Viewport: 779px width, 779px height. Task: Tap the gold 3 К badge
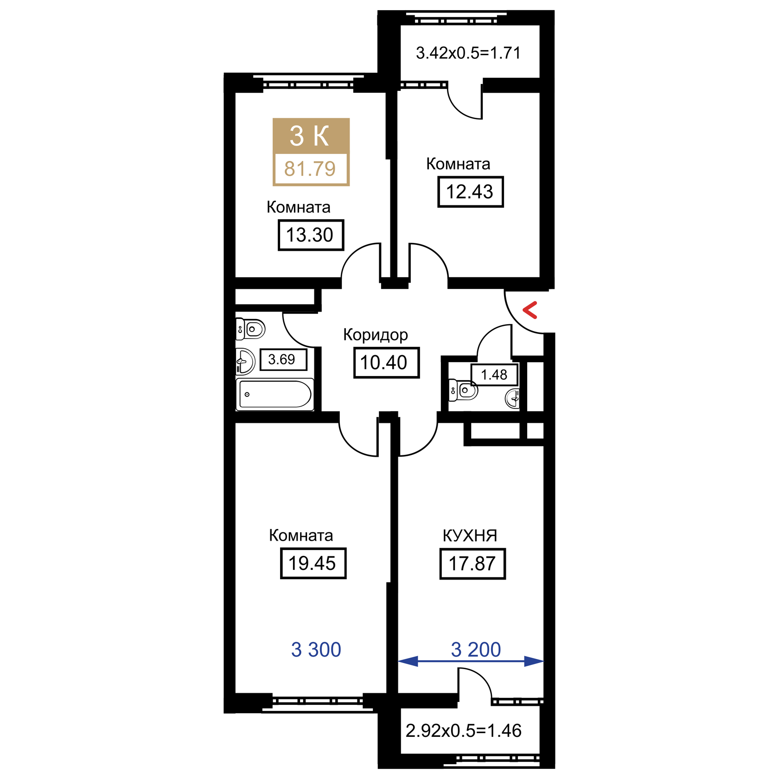[310, 135]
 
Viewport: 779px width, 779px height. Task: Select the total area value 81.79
[310, 169]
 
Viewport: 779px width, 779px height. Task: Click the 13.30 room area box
[311, 235]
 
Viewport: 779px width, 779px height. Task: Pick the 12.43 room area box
[470, 192]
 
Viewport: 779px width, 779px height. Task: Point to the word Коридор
[376, 334]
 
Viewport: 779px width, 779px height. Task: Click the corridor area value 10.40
[386, 363]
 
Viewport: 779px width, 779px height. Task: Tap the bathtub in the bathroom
[275, 394]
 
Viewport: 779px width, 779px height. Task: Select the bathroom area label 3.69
[282, 359]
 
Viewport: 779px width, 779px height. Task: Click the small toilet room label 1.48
[494, 374]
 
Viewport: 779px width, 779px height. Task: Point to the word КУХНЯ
[470, 536]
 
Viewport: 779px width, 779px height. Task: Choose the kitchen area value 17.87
[472, 563]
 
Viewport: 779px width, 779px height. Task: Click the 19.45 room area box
[313, 563]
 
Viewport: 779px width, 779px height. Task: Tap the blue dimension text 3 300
[316, 650]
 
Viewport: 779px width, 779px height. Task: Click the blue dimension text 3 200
[476, 650]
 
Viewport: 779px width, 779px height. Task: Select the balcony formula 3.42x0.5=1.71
[468, 53]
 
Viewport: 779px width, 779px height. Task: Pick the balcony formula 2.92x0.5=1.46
[464, 731]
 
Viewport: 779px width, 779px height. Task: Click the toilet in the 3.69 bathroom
[251, 329]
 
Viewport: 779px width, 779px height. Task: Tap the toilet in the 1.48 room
[463, 390]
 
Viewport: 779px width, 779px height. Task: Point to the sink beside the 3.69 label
[244, 361]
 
